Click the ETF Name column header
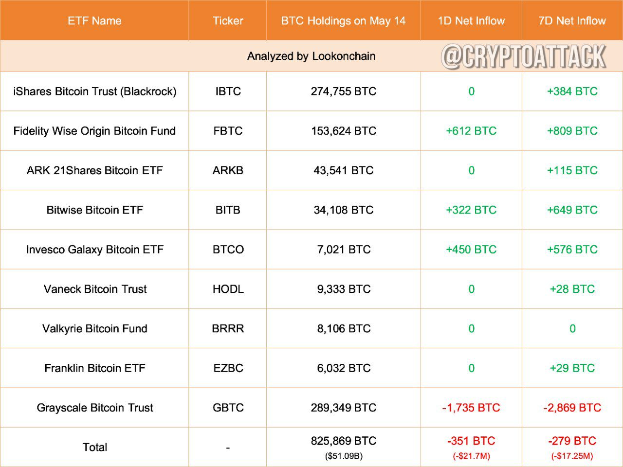point(94,21)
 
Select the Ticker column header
point(228,21)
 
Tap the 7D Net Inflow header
point(572,21)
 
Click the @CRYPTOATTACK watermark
point(524,56)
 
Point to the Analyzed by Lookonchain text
point(311,56)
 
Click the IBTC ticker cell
point(228,91)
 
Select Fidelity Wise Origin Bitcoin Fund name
point(94,131)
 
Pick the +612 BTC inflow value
point(471,131)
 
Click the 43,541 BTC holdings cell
point(344,170)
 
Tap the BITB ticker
point(228,210)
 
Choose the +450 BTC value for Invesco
point(471,250)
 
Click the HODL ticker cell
point(228,289)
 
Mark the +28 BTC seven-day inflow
point(572,289)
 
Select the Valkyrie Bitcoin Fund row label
point(94,329)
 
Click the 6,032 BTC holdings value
point(344,368)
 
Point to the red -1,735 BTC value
point(471,408)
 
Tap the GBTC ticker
point(228,408)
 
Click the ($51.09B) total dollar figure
point(344,456)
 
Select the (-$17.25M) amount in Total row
point(572,456)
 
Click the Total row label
point(94,447)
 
